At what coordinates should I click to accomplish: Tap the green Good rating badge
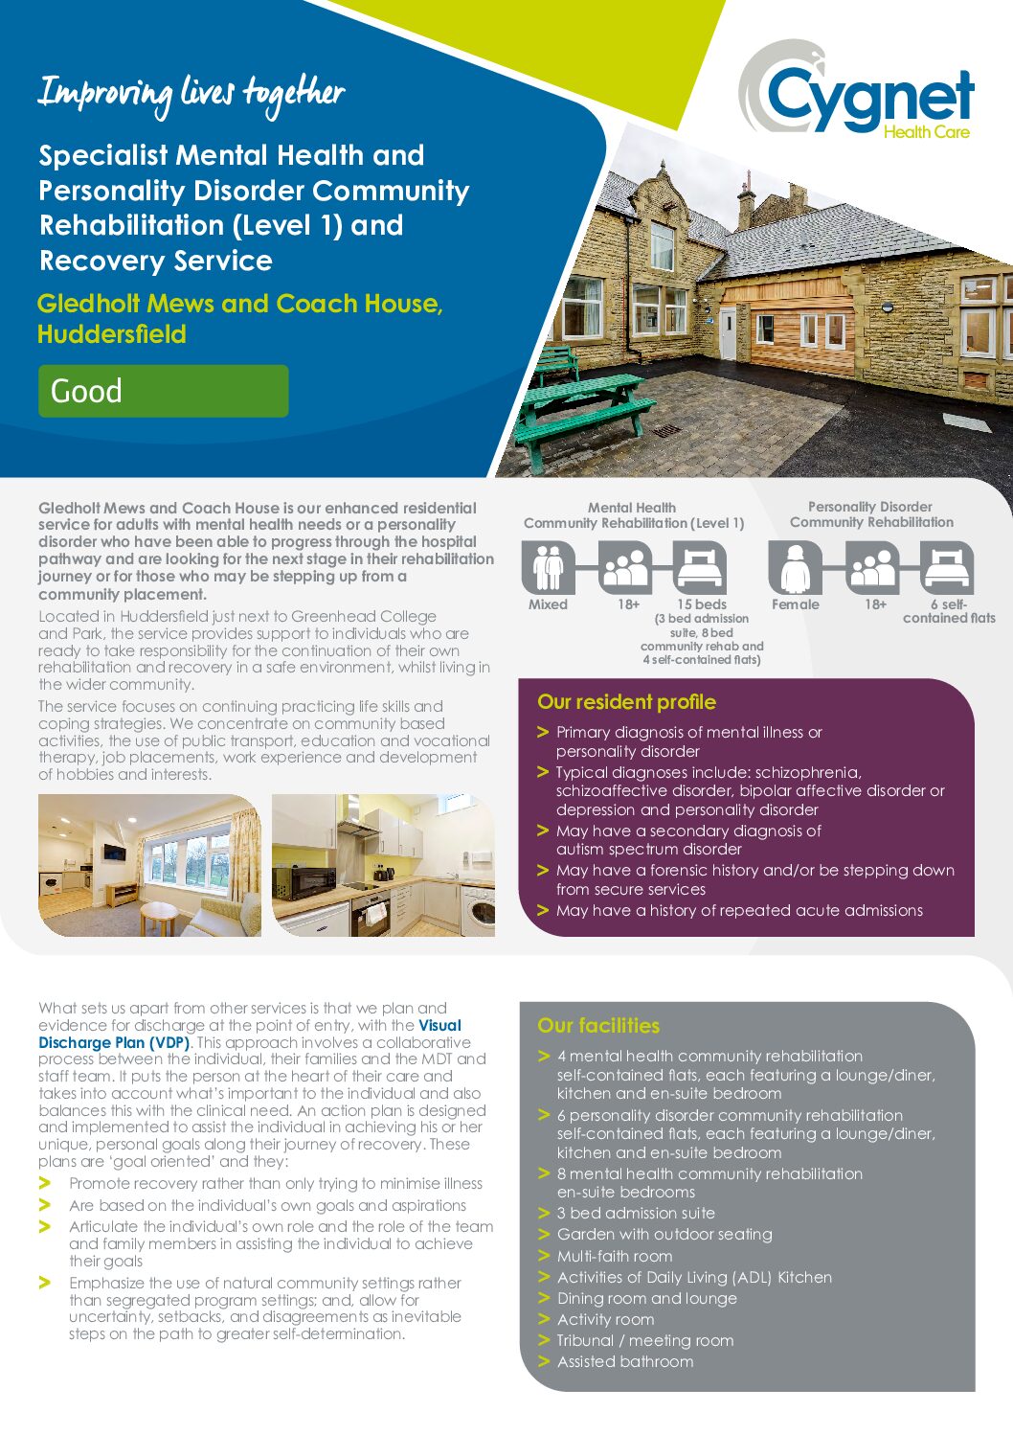coord(163,391)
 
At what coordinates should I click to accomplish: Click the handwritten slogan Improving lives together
coord(191,94)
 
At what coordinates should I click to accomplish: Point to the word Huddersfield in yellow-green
coord(112,334)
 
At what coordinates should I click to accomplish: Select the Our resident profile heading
coord(626,702)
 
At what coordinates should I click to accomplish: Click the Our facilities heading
coord(598,1026)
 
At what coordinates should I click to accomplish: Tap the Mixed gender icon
coord(548,567)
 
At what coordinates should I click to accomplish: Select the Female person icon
coord(795,567)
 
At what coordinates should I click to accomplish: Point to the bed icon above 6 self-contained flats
coord(947,567)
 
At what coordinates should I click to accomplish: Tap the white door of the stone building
coord(729,333)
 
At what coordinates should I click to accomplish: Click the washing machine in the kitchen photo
coord(479,911)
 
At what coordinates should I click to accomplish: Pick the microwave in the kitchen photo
coord(305,880)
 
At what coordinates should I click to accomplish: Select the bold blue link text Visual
coord(439,1025)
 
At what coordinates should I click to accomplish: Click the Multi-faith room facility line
coord(615,1256)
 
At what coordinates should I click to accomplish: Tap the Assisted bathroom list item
coord(625,1361)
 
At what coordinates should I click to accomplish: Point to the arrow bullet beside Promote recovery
coord(44,1184)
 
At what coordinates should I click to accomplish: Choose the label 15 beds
coord(702,604)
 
